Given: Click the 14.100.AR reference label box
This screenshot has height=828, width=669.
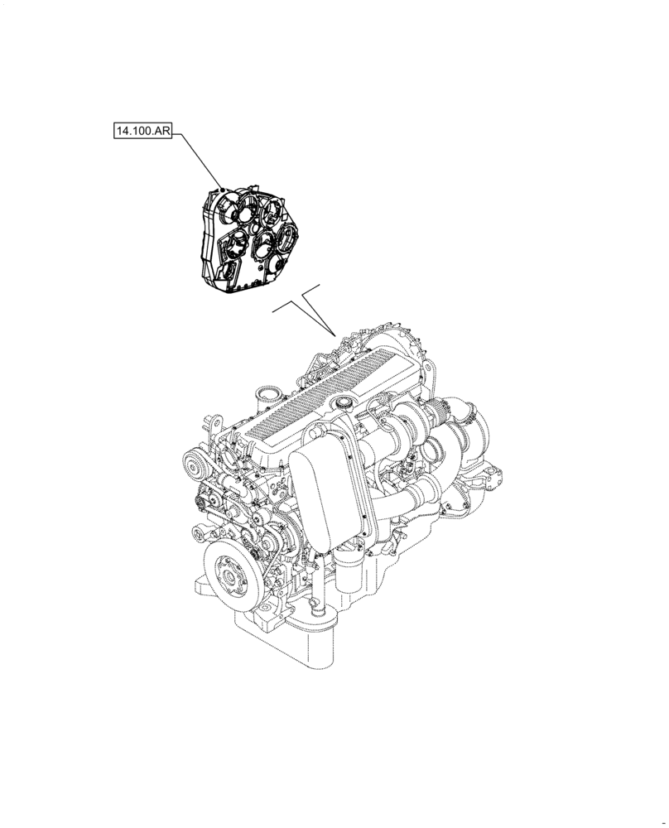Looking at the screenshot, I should point(142,132).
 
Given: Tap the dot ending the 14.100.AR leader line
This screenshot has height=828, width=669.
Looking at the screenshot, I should point(223,188).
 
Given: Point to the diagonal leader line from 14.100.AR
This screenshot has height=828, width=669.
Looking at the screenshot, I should point(197,160).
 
